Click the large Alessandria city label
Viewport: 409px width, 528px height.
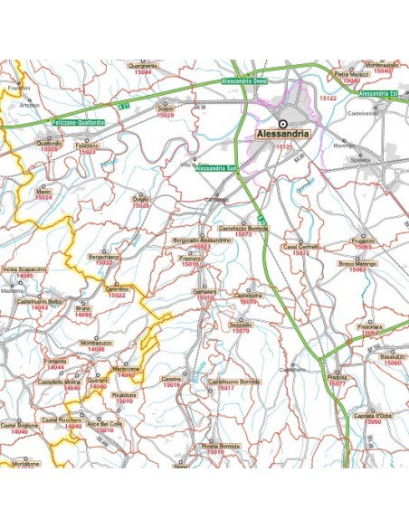282,134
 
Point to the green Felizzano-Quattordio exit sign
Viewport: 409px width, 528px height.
78,120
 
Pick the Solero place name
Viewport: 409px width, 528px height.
166,110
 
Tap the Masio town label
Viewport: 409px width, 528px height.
43,192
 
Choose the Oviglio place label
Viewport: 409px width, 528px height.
141,198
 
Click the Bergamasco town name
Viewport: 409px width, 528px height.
104,257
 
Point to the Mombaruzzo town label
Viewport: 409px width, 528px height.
96,344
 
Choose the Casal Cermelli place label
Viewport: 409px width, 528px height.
301,246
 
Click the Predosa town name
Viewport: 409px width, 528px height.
337,378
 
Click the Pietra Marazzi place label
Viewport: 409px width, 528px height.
352,74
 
